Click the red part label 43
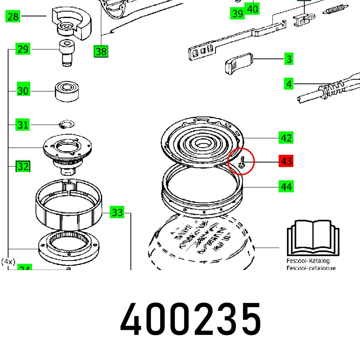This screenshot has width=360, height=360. (286, 161)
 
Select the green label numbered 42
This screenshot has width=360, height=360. (286, 138)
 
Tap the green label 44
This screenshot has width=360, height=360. (286, 186)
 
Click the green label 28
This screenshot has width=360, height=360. (13, 17)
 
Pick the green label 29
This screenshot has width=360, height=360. (23, 49)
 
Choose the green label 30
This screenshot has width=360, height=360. (23, 91)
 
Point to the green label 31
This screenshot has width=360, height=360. (23, 125)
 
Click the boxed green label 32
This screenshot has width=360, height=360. (23, 167)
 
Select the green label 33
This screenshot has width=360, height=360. (117, 212)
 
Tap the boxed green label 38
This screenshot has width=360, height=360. (101, 51)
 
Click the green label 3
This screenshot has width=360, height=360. (289, 59)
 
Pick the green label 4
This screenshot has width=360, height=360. (289, 84)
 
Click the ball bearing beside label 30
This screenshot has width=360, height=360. (67, 91)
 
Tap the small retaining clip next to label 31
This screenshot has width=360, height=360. (66, 125)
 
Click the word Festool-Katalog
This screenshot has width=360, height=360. (308, 261)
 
